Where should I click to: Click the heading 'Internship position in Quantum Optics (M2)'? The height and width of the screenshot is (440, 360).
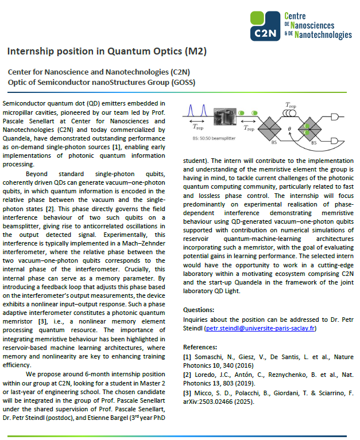pos(107,52)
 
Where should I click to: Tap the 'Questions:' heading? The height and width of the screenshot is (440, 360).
pos(199,309)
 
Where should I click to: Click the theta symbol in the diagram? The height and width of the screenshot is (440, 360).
pos(289,129)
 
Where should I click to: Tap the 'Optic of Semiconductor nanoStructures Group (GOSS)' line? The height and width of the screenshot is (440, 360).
pos(102,82)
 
